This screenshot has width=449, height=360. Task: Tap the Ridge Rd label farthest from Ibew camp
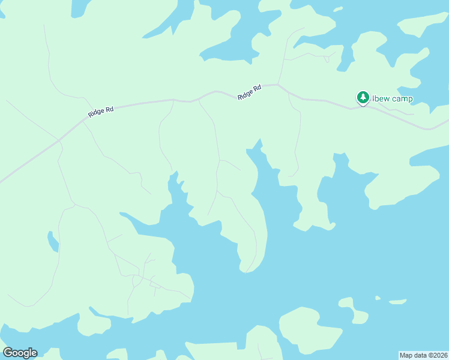coord(100,112)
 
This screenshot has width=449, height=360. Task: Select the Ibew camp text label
coord(392,98)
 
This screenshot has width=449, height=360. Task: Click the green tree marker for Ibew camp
coord(363,97)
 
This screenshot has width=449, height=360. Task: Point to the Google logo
coord(20,353)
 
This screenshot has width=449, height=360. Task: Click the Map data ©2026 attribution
coord(423,355)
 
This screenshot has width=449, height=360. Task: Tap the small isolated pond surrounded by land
coord(53,241)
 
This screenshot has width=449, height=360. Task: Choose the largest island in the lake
coord(311,329)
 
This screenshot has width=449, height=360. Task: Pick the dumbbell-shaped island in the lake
coord(353,310)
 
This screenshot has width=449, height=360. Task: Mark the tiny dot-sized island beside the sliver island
coord(378,298)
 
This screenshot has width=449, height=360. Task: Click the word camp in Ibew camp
coord(400,99)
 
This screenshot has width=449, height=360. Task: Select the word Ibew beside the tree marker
coord(380,98)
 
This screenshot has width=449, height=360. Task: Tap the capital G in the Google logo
coord(8,353)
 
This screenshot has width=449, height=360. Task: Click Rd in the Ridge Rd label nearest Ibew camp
coord(257,89)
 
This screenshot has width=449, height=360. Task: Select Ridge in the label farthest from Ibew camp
coord(96,113)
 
